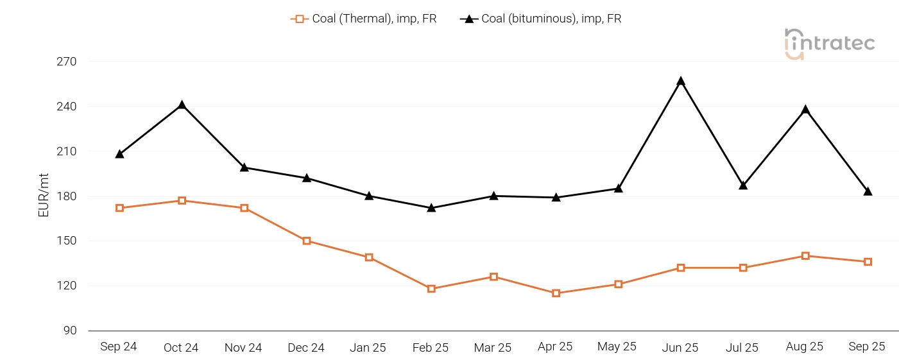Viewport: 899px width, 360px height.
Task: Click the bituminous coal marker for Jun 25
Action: (x=681, y=81)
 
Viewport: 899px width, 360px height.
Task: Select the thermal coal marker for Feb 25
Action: (x=431, y=289)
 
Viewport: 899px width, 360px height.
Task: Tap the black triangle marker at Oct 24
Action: (x=182, y=105)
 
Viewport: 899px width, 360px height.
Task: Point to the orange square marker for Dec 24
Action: (x=307, y=241)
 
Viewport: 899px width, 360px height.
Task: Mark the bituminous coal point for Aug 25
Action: (x=805, y=110)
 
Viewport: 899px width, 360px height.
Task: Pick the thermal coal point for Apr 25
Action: (x=556, y=293)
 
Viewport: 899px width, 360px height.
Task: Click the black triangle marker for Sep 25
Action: (x=868, y=191)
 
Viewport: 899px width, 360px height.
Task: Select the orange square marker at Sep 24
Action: (x=119, y=208)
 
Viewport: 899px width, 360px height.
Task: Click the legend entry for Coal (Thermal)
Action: (x=364, y=19)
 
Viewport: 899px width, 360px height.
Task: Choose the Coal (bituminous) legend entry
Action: (x=541, y=19)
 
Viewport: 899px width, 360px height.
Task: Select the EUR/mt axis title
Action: (x=44, y=196)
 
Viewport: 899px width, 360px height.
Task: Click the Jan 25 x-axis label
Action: (x=368, y=347)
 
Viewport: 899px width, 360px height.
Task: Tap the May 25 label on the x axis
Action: (x=617, y=347)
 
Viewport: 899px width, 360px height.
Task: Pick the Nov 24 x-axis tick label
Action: (x=243, y=347)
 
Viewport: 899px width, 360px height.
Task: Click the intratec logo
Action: (x=829, y=44)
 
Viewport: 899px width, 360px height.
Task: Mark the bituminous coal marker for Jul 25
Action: (x=743, y=185)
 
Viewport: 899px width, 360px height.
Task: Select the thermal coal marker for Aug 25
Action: (x=805, y=256)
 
